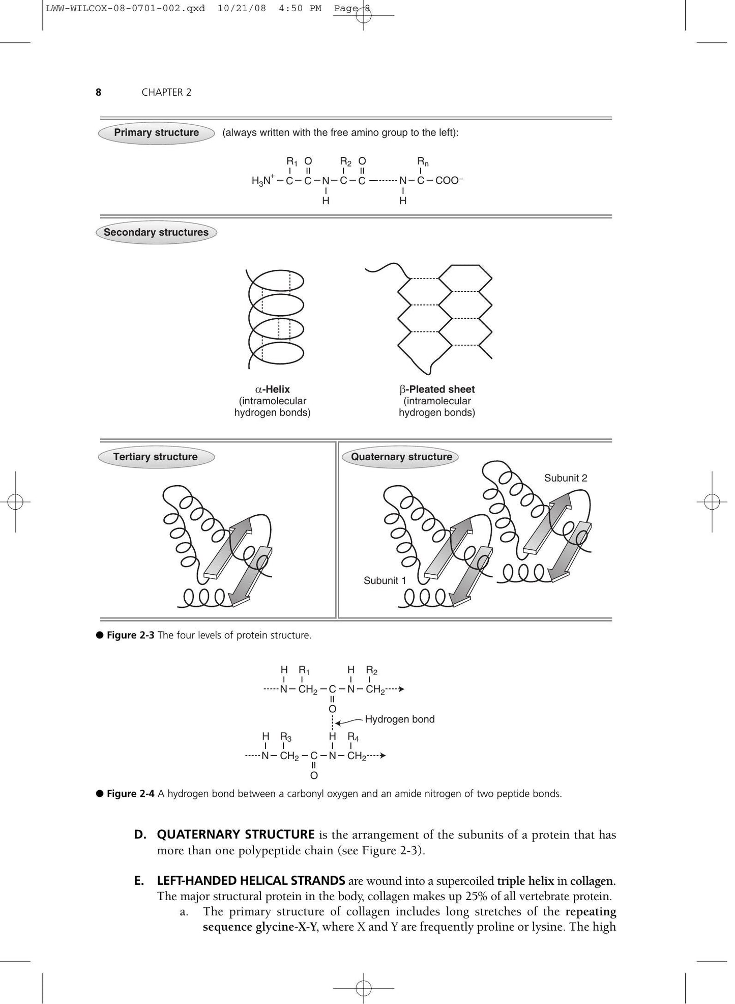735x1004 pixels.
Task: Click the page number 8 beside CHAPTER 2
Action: point(98,92)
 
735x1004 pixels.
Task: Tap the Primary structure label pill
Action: point(156,133)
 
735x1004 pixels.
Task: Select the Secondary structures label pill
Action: point(156,233)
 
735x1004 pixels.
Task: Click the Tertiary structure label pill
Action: point(156,457)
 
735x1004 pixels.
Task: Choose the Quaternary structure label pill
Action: point(401,457)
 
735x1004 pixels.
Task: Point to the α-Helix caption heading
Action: point(272,389)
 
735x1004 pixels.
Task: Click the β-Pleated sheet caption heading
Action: point(437,389)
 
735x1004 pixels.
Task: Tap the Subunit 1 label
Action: point(385,580)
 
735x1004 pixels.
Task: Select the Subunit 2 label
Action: point(566,478)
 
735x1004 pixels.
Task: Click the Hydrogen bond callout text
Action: point(400,719)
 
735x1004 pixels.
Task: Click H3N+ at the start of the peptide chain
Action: point(263,180)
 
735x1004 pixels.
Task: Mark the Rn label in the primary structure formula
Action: point(423,162)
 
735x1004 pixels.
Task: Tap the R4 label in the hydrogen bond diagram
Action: point(353,737)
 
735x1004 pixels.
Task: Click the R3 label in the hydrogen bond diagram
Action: point(286,737)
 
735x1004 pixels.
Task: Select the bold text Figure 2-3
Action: point(130,635)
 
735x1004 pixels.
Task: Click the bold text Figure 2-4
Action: point(130,794)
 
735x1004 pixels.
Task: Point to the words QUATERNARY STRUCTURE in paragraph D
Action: point(236,834)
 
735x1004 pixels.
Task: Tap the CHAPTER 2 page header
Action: point(166,92)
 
